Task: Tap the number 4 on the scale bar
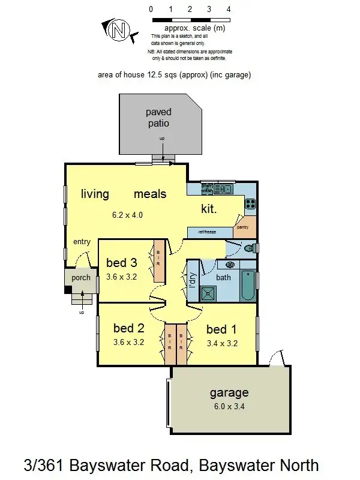click(229, 9)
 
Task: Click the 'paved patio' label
click(158, 118)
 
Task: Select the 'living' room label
click(95, 194)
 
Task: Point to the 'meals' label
click(150, 194)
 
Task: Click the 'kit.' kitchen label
click(208, 209)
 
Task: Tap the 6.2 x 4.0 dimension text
click(127, 215)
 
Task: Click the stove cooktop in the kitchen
click(250, 204)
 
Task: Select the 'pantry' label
click(242, 227)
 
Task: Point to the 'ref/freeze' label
click(202, 232)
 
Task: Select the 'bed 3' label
click(122, 262)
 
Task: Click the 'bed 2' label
click(129, 328)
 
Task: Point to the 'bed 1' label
click(221, 329)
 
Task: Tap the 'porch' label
click(81, 278)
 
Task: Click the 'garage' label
click(229, 394)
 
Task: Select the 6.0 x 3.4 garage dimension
click(229, 407)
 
